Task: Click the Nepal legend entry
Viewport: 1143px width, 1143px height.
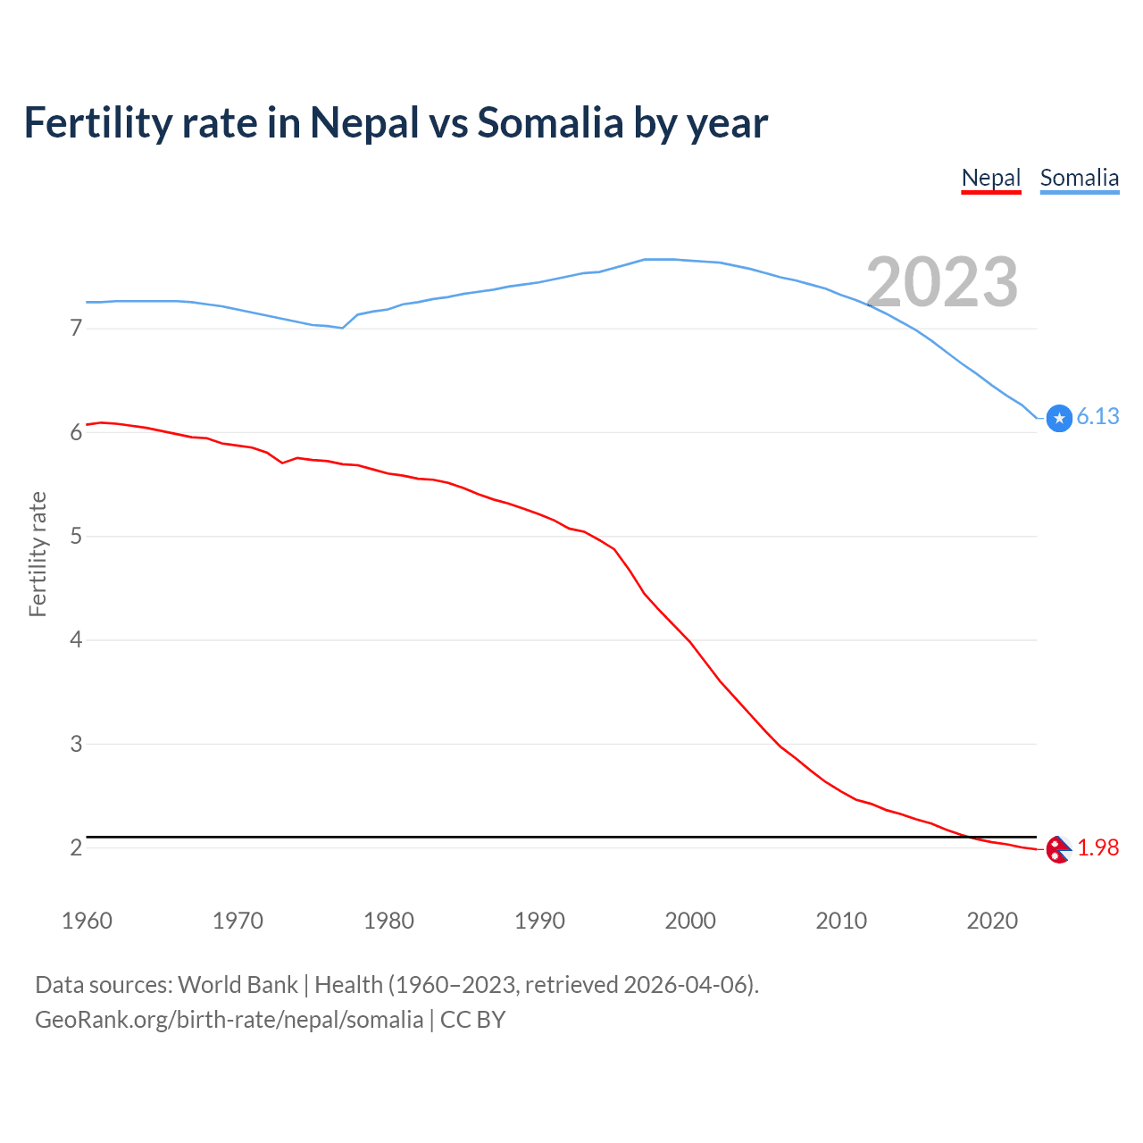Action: click(x=990, y=178)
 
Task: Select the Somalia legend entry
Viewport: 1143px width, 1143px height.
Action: click(x=1079, y=178)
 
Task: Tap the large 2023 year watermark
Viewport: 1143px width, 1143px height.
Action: click(x=942, y=282)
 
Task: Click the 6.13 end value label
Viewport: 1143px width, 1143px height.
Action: click(x=1097, y=416)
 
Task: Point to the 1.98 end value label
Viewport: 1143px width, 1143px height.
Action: click(x=1097, y=847)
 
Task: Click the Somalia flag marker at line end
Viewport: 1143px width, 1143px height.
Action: click(x=1059, y=418)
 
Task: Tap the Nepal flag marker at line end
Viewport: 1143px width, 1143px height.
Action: click(x=1058, y=849)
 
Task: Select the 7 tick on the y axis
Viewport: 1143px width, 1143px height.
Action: click(x=76, y=329)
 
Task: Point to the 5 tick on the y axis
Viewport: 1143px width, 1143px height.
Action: click(x=76, y=537)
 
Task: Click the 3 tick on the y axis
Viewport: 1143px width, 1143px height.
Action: click(x=76, y=744)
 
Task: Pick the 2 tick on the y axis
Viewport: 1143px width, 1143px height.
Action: click(x=76, y=847)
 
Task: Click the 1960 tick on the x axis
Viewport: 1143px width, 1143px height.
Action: click(x=87, y=921)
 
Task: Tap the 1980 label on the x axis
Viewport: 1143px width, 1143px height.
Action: click(x=388, y=921)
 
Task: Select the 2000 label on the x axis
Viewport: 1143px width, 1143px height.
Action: click(x=690, y=921)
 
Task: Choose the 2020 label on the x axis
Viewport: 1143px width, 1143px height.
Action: click(x=992, y=921)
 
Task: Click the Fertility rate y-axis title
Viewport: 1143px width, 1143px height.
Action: click(x=38, y=554)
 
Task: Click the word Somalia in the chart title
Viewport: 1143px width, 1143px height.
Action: click(x=550, y=122)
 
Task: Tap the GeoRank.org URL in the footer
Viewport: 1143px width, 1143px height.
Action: click(x=229, y=1020)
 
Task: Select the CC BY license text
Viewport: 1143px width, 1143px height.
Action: click(x=472, y=1020)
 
